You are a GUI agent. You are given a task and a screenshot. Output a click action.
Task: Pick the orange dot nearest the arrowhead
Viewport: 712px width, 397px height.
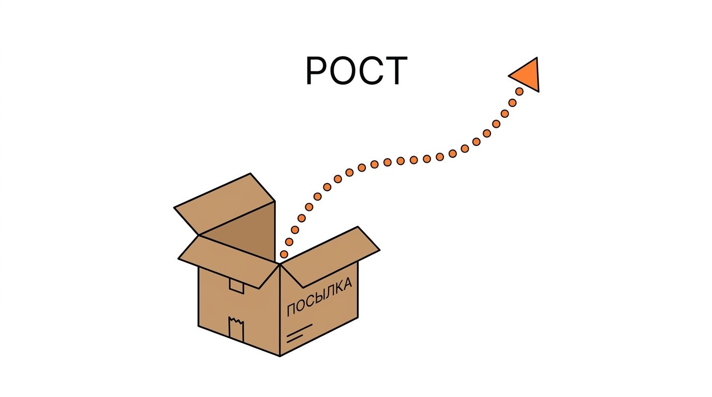pos(520,91)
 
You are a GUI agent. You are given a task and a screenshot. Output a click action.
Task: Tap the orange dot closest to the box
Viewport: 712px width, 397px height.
pos(284,254)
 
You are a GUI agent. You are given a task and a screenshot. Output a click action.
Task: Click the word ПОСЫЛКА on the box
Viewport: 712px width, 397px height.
pos(319,297)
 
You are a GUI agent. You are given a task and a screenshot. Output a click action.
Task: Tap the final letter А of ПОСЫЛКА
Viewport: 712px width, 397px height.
pos(347,283)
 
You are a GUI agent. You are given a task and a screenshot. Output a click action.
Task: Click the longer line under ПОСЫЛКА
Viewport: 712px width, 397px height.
pos(300,330)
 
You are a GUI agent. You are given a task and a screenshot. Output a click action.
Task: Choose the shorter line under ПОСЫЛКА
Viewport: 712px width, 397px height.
pos(294,339)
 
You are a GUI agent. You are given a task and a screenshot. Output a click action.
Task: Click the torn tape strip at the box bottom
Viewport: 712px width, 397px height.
pos(236,329)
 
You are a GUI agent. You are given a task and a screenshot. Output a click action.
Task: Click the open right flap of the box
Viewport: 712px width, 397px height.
pos(331,256)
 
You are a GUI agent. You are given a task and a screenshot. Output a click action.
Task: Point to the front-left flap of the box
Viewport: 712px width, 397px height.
pos(229,262)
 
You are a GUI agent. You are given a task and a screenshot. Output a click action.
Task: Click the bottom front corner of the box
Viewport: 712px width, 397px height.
pos(280,356)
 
